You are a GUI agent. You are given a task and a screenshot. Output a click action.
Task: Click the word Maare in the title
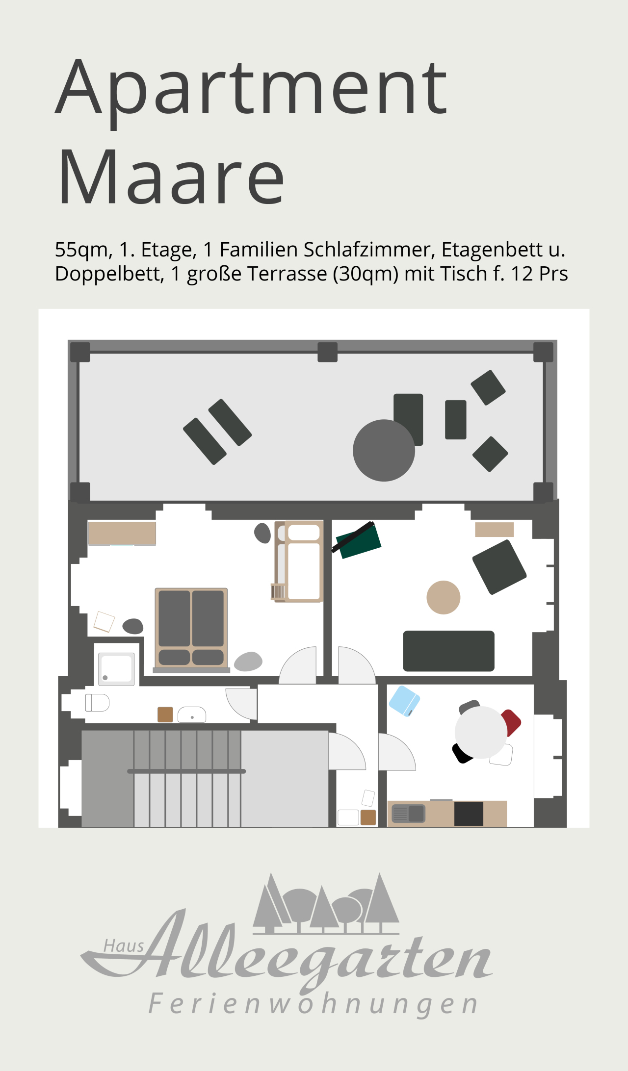click(171, 176)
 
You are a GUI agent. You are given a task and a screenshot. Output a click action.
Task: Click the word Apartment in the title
click(251, 91)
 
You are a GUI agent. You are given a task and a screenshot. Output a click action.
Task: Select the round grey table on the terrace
click(384, 450)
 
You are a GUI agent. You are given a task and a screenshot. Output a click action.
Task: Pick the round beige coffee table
click(444, 597)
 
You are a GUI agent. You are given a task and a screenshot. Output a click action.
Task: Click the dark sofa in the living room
click(448, 651)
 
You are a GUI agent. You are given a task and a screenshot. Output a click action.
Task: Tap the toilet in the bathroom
click(97, 703)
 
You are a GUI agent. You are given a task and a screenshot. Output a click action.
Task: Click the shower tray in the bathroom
click(116, 669)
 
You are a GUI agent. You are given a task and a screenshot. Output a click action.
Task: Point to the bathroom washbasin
click(192, 714)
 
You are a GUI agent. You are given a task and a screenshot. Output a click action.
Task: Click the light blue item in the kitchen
click(404, 701)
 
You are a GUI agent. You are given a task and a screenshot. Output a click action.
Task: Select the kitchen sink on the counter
click(408, 814)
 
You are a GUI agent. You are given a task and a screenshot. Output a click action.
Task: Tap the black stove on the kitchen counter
click(469, 814)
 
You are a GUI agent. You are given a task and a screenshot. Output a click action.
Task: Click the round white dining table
click(481, 732)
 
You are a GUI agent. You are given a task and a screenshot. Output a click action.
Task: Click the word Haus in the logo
click(124, 945)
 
